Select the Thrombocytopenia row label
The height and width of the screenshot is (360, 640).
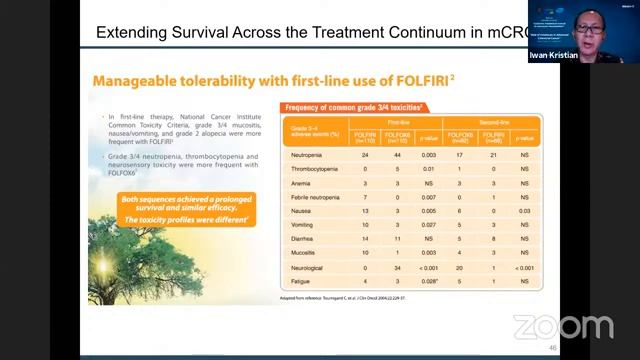313,171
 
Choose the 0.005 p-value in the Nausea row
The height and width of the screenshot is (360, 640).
429,213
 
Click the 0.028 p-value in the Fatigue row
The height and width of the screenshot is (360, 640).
429,283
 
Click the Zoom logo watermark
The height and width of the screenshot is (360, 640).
562,327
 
